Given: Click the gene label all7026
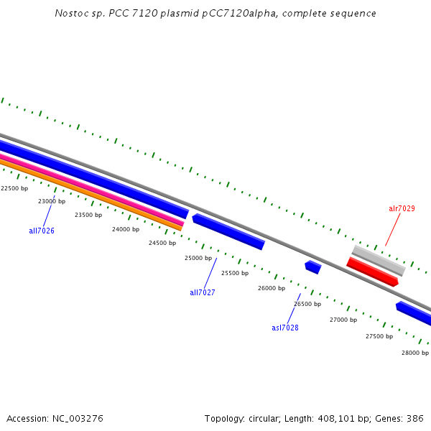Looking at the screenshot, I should tap(42, 231).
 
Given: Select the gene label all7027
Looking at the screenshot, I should tap(203, 292).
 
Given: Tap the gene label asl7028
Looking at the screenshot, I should tap(285, 328).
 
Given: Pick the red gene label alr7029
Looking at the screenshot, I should tap(402, 208).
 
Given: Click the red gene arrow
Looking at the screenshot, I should tap(372, 272).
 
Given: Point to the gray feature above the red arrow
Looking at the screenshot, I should tap(379, 260).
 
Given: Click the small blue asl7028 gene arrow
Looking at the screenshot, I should tap(312, 267).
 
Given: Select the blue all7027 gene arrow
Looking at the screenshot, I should tap(228, 231).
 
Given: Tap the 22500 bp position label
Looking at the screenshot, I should tap(14, 188).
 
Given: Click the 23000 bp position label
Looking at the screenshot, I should tap(52, 201).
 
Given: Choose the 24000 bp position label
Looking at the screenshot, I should tap(126, 229).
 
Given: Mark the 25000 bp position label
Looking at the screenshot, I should tap(198, 258).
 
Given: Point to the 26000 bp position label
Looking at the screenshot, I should tap(272, 288).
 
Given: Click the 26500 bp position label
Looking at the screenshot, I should tap(307, 304).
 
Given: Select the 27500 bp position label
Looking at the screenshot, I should tap(379, 336).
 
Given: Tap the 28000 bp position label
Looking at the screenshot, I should tap(415, 353).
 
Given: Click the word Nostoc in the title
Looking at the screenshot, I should tap(69, 14).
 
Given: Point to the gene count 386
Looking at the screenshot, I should tap(415, 418).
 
